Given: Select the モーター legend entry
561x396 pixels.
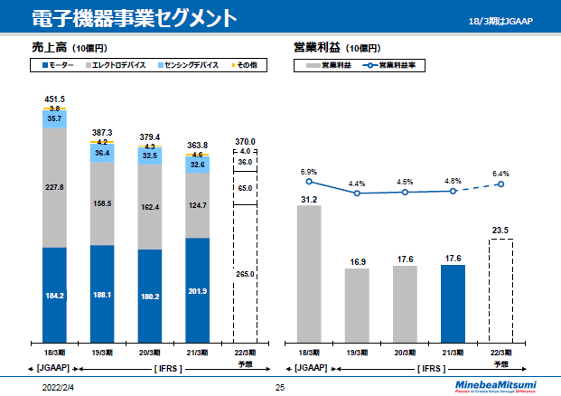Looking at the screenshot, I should click(x=59, y=66).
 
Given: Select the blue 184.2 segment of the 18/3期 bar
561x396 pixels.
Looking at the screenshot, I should click(x=54, y=294).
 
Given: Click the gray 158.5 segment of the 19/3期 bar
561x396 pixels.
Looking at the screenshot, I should click(x=102, y=203).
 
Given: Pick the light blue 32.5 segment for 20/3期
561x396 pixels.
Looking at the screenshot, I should click(x=150, y=156).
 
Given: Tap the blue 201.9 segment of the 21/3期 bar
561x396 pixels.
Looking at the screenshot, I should click(x=198, y=289).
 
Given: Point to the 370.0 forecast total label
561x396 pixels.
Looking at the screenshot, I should click(x=246, y=142).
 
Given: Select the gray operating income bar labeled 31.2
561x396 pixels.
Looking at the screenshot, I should click(x=309, y=271).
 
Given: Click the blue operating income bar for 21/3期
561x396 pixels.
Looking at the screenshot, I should click(x=453, y=301).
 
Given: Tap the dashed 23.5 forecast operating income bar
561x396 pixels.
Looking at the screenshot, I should click(x=500, y=289).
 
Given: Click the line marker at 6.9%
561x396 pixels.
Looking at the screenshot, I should click(x=309, y=182).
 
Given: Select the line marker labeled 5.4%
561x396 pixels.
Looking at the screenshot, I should click(x=500, y=184).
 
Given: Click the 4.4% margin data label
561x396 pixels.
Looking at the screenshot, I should click(x=358, y=184).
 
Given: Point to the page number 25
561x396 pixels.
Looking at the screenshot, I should click(x=280, y=387).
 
